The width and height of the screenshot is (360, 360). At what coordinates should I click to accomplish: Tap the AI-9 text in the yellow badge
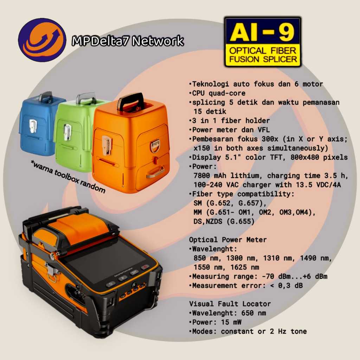pyautogui.click(x=263, y=33)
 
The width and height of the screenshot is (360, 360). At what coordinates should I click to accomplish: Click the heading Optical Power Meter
pyautogui.click(x=228, y=240)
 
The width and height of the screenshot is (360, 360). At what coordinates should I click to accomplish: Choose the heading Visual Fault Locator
pyautogui.click(x=230, y=304)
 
